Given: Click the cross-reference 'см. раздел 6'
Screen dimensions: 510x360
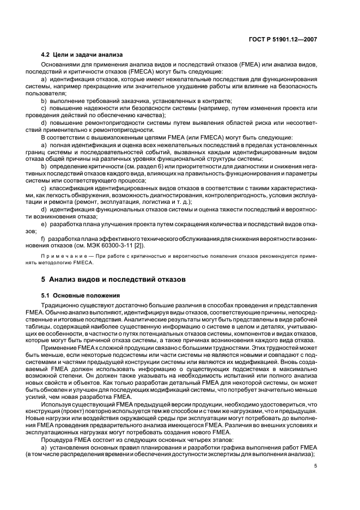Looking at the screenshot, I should pyautogui.click(x=134, y=166).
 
